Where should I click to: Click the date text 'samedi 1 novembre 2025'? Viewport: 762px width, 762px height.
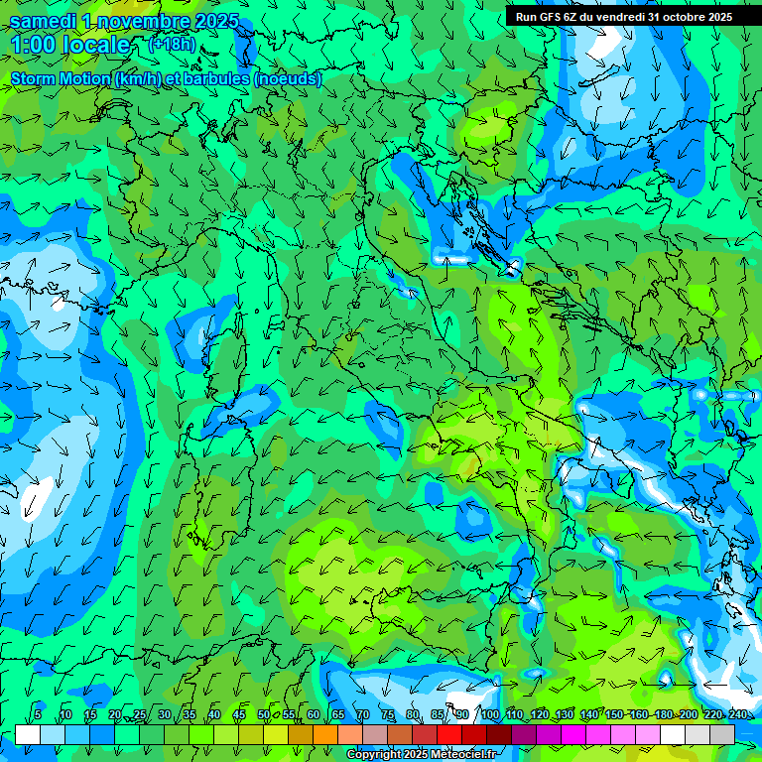[x=124, y=21]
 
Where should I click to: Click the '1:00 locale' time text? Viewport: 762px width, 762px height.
[x=70, y=45]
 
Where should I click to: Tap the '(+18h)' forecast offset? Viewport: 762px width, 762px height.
[x=172, y=44]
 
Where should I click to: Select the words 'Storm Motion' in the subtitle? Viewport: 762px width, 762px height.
[x=61, y=78]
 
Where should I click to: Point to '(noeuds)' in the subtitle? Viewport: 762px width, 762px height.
[x=288, y=78]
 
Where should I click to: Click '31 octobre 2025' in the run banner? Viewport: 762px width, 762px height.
[x=691, y=16]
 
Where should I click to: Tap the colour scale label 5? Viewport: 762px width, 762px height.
[x=38, y=714]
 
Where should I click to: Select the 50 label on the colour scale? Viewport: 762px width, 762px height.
[x=263, y=714]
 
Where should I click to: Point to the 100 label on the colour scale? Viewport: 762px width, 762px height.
[x=489, y=714]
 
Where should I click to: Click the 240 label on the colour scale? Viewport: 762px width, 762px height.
[x=737, y=714]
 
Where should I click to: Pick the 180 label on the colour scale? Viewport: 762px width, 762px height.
[x=663, y=714]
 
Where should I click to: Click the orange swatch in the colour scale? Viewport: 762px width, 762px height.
[x=324, y=734]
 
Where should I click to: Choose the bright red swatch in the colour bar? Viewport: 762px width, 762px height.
[x=449, y=734]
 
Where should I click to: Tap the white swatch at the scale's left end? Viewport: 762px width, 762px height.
[x=27, y=734]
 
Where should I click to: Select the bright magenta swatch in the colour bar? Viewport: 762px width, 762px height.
[x=573, y=734]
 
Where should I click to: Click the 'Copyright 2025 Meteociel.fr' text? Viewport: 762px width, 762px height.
[x=421, y=755]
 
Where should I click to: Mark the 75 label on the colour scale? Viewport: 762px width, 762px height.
[x=387, y=714]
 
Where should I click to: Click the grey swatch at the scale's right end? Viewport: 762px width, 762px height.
[x=722, y=734]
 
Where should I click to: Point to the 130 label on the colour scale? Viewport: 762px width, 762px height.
[x=564, y=714]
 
